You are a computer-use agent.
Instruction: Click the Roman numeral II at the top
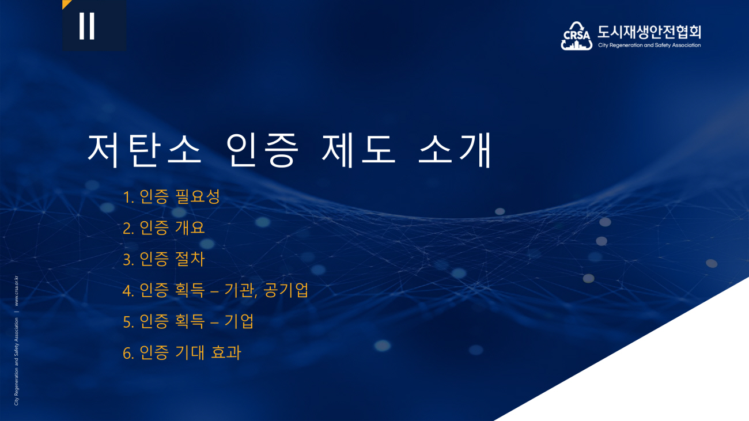click(87, 26)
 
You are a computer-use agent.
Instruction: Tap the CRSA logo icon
click(577, 36)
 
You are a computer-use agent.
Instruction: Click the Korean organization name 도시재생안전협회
click(649, 32)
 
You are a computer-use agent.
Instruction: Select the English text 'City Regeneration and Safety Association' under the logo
click(649, 45)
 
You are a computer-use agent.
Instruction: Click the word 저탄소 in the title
click(145, 150)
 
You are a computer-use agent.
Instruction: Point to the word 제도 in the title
click(359, 150)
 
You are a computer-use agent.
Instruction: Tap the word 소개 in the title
click(455, 150)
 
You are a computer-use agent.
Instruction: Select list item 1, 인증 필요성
click(171, 196)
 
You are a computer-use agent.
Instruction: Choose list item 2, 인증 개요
click(164, 228)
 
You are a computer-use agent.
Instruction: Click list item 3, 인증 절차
click(164, 259)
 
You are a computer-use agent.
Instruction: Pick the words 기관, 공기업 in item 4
click(266, 290)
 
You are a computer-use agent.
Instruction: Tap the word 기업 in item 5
click(239, 321)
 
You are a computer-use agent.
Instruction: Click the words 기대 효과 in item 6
click(208, 352)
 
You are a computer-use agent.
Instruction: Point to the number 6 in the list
click(127, 354)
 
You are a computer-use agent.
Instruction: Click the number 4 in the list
click(127, 291)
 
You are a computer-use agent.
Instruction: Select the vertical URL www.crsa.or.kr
click(16, 291)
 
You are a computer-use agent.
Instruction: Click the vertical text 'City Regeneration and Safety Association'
click(16, 362)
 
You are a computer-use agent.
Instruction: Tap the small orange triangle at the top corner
click(66, 3)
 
